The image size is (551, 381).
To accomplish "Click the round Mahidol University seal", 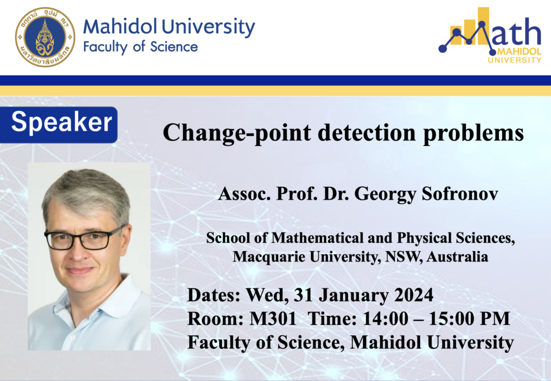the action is coord(45,37).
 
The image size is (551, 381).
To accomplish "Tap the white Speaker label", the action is coord(61,122).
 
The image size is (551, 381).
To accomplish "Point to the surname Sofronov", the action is coord(460,193).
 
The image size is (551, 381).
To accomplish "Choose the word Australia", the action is coord(457,257).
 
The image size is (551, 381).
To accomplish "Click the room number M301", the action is coord(273,319).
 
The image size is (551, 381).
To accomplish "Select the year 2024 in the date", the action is coord(414,295).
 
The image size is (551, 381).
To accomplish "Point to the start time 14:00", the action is coord(385,319).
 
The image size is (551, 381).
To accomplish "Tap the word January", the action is coord(354,295).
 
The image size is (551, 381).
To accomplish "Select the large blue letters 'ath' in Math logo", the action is coord(517,32).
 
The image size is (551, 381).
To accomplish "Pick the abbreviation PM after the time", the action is coord(495,319).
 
